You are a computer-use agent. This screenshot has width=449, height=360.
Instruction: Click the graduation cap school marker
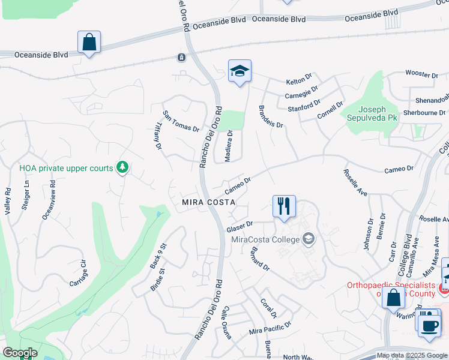pyautogui.click(x=240, y=71)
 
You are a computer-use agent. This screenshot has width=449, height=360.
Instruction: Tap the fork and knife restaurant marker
pyautogui.click(x=284, y=206)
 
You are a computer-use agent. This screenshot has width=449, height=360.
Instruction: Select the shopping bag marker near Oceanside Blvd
pyautogui.click(x=89, y=43)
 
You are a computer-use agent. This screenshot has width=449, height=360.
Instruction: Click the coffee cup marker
pyautogui.click(x=429, y=326)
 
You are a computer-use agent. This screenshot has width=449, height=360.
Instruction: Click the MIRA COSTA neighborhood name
pyautogui.click(x=208, y=203)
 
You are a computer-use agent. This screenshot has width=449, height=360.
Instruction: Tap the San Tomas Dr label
pyautogui.click(x=181, y=121)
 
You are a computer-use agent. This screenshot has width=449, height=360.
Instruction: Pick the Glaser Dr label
pyautogui.click(x=241, y=227)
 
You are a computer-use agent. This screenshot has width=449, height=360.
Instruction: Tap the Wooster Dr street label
pyautogui.click(x=421, y=74)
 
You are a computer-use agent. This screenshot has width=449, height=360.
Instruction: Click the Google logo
pyautogui.click(x=20, y=353)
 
